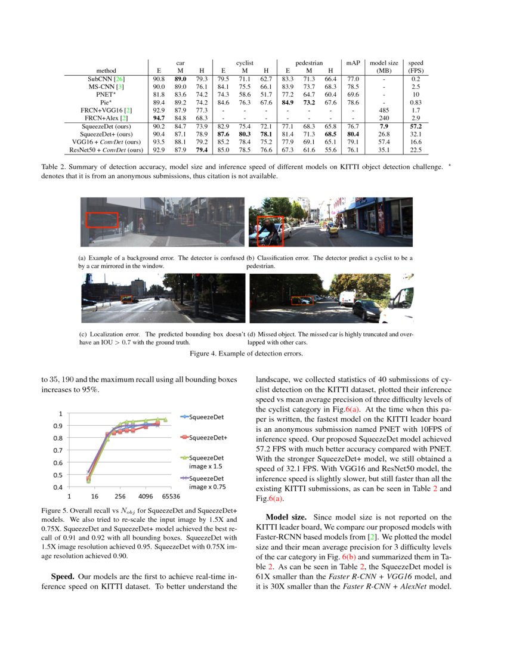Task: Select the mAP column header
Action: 353,62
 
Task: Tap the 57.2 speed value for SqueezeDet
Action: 416,126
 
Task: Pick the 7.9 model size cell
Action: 384,126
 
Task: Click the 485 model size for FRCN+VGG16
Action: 384,110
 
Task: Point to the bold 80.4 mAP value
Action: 353,134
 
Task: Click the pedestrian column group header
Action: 308,62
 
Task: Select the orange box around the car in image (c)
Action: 128,299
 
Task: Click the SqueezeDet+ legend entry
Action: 208,438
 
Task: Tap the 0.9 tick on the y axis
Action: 58,425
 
